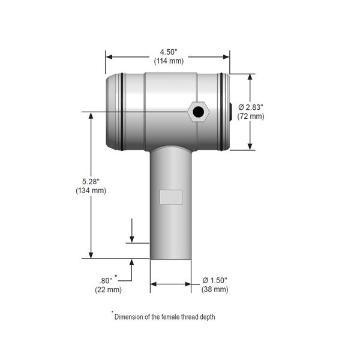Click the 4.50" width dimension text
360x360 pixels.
click(x=169, y=52)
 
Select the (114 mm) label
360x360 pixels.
click(x=169, y=61)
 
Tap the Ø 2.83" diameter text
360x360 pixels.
click(x=251, y=107)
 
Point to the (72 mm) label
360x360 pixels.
click(x=251, y=116)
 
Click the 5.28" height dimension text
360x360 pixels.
click(x=91, y=182)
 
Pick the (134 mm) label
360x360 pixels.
click(x=91, y=191)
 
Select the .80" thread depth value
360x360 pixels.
click(x=106, y=281)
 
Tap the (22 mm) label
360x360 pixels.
click(x=108, y=290)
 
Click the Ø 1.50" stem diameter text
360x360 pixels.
click(x=215, y=280)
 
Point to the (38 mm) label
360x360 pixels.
click(x=215, y=289)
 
